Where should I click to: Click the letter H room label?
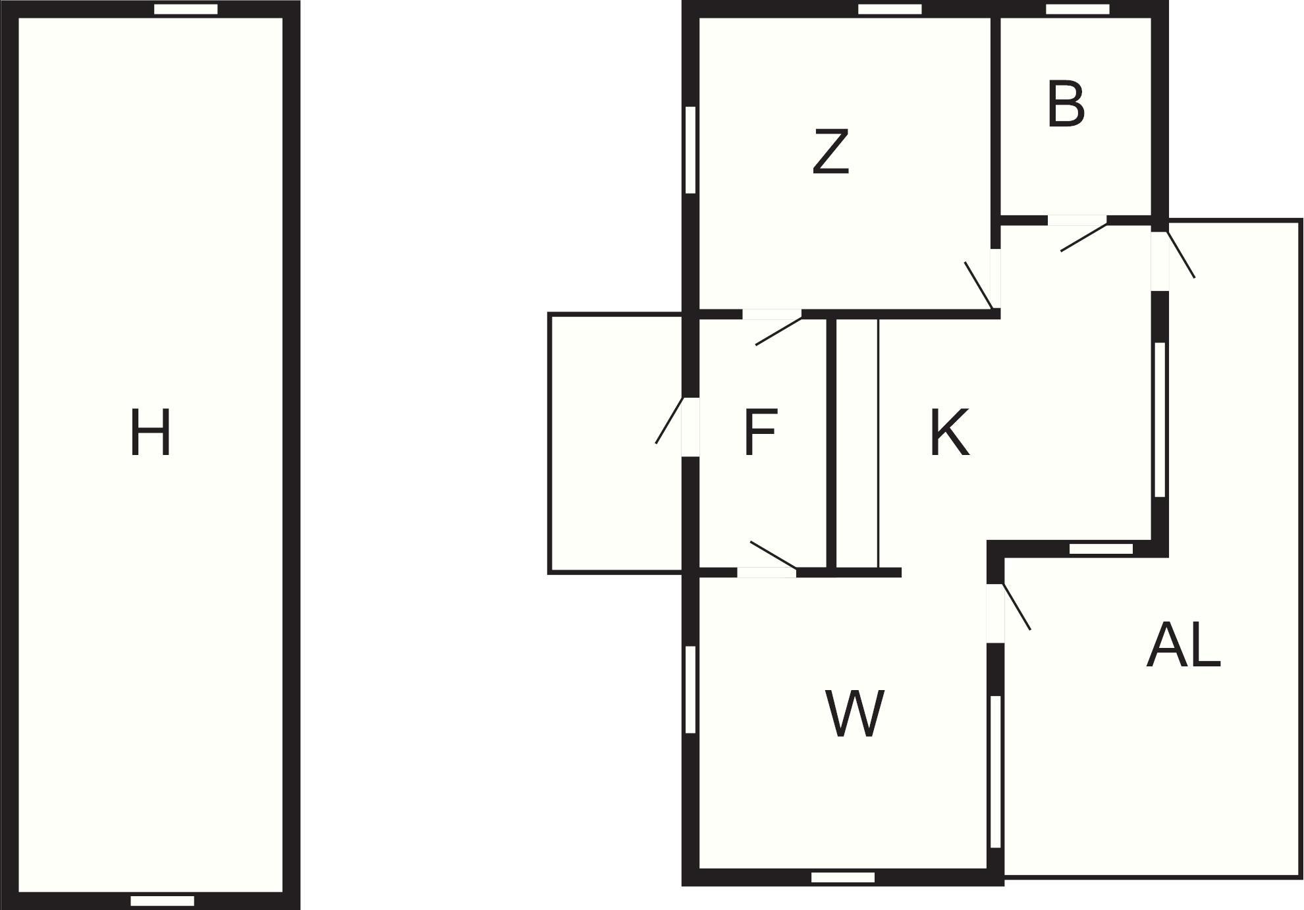point(151,432)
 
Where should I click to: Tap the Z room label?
point(830,151)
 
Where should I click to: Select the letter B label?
point(1066,104)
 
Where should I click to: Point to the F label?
point(761,432)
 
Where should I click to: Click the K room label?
point(949,432)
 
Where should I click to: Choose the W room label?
point(854,714)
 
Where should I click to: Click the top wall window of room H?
point(186,9)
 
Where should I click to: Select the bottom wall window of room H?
point(162,901)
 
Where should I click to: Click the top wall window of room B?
point(1077,9)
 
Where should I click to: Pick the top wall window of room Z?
point(890,9)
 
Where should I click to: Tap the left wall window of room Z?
point(690,150)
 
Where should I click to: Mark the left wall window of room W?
point(690,689)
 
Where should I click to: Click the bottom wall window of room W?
point(843,877)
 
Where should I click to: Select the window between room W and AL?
point(996,772)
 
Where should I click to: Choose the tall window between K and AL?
point(1160,419)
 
